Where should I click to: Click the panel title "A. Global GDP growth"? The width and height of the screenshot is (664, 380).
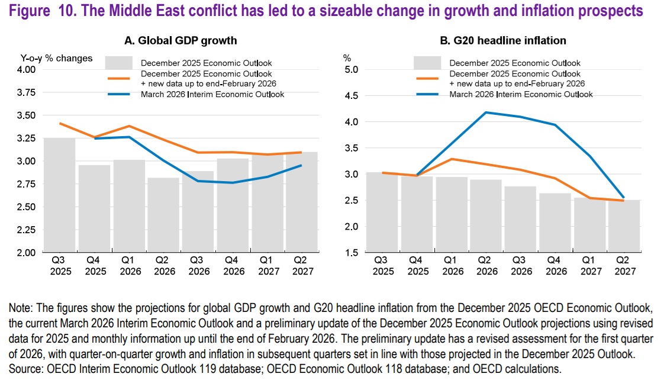(180, 41)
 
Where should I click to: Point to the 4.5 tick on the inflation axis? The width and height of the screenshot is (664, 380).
(351, 96)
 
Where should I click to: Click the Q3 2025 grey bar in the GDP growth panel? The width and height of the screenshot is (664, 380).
(59, 195)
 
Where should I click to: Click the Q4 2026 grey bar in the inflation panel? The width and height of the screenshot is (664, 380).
(556, 223)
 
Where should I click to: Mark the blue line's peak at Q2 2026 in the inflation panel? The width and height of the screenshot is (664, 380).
(487, 112)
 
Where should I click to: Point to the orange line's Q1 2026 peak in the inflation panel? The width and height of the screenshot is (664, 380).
(453, 159)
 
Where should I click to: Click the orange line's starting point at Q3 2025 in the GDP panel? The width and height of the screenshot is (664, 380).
(59, 124)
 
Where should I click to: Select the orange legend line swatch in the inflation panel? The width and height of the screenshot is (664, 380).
(428, 79)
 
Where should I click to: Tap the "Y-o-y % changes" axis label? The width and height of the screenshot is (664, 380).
(53, 58)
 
